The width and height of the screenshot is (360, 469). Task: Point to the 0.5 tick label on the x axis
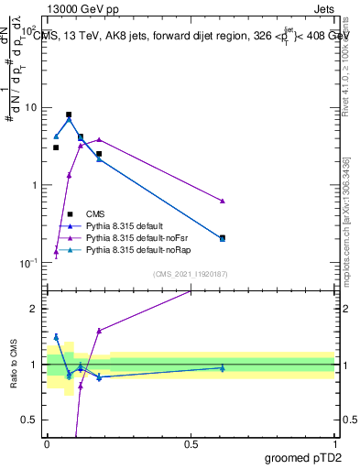(x=191, y=443)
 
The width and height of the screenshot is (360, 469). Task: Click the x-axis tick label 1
(x=334, y=443)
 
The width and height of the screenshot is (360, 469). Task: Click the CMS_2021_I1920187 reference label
(x=191, y=274)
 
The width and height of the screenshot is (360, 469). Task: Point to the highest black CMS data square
(x=69, y=115)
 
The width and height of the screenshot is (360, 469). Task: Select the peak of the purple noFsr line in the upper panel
(x=99, y=139)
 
